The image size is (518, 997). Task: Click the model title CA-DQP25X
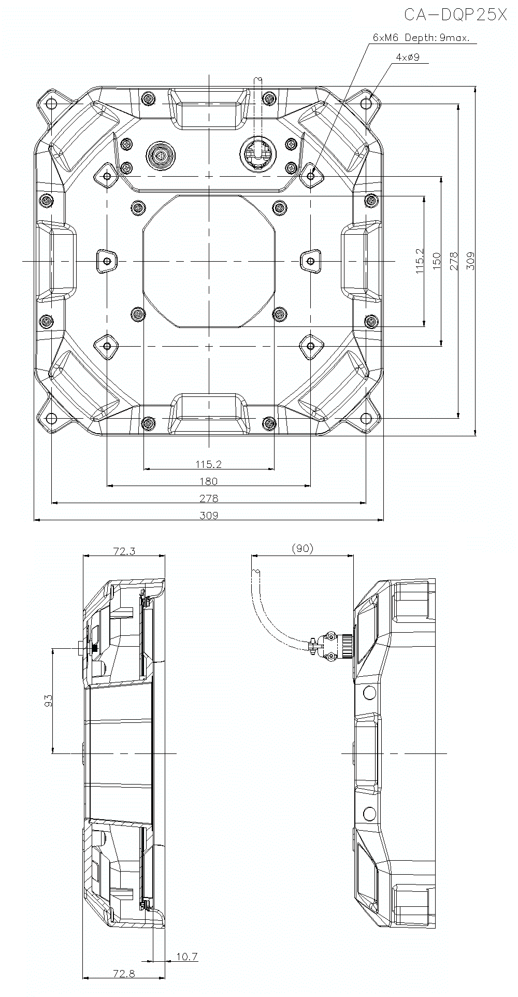455,16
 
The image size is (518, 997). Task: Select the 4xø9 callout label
407,58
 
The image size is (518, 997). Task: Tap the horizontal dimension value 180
208,481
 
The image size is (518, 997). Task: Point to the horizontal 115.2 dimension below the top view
208,464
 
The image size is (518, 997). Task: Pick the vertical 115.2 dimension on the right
419,261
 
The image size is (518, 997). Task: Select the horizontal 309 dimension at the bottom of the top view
209,515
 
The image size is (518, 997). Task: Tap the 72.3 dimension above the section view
124,551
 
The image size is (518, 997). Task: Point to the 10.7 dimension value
186,957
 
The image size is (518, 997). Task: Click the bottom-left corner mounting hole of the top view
51,418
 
